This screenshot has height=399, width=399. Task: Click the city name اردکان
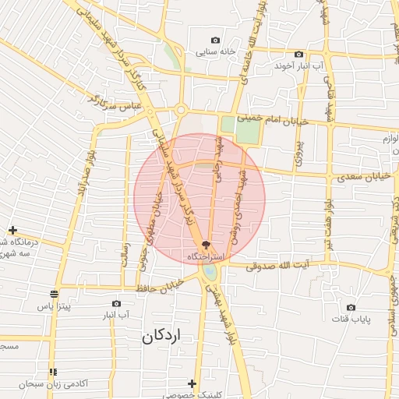(x=162, y=337)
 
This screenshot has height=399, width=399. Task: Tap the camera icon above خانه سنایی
(x=215, y=41)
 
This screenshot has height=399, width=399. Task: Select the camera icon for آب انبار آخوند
(x=298, y=54)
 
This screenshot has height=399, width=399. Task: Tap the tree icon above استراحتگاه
(x=206, y=244)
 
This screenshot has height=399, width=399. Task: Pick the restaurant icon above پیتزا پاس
(x=54, y=294)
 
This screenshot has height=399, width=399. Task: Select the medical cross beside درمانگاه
(x=12, y=230)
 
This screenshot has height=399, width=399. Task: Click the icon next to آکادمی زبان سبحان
(x=53, y=373)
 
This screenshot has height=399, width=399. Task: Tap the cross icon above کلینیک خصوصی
(x=192, y=383)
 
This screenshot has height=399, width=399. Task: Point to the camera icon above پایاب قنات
(x=351, y=307)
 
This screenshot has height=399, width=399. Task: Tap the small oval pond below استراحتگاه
(x=210, y=272)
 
